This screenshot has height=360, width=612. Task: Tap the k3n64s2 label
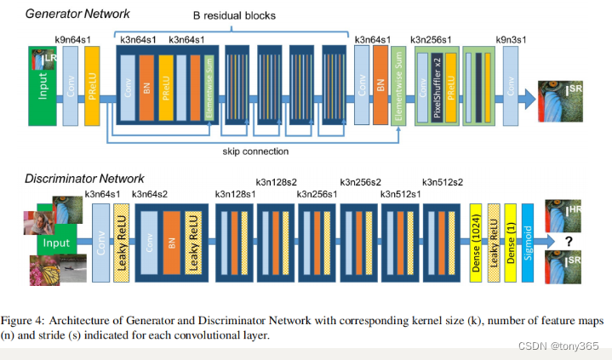pyautogui.click(x=151, y=195)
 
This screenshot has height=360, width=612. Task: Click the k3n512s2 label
pyautogui.click(x=443, y=181)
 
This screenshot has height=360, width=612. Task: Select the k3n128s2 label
pyautogui.click(x=277, y=181)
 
